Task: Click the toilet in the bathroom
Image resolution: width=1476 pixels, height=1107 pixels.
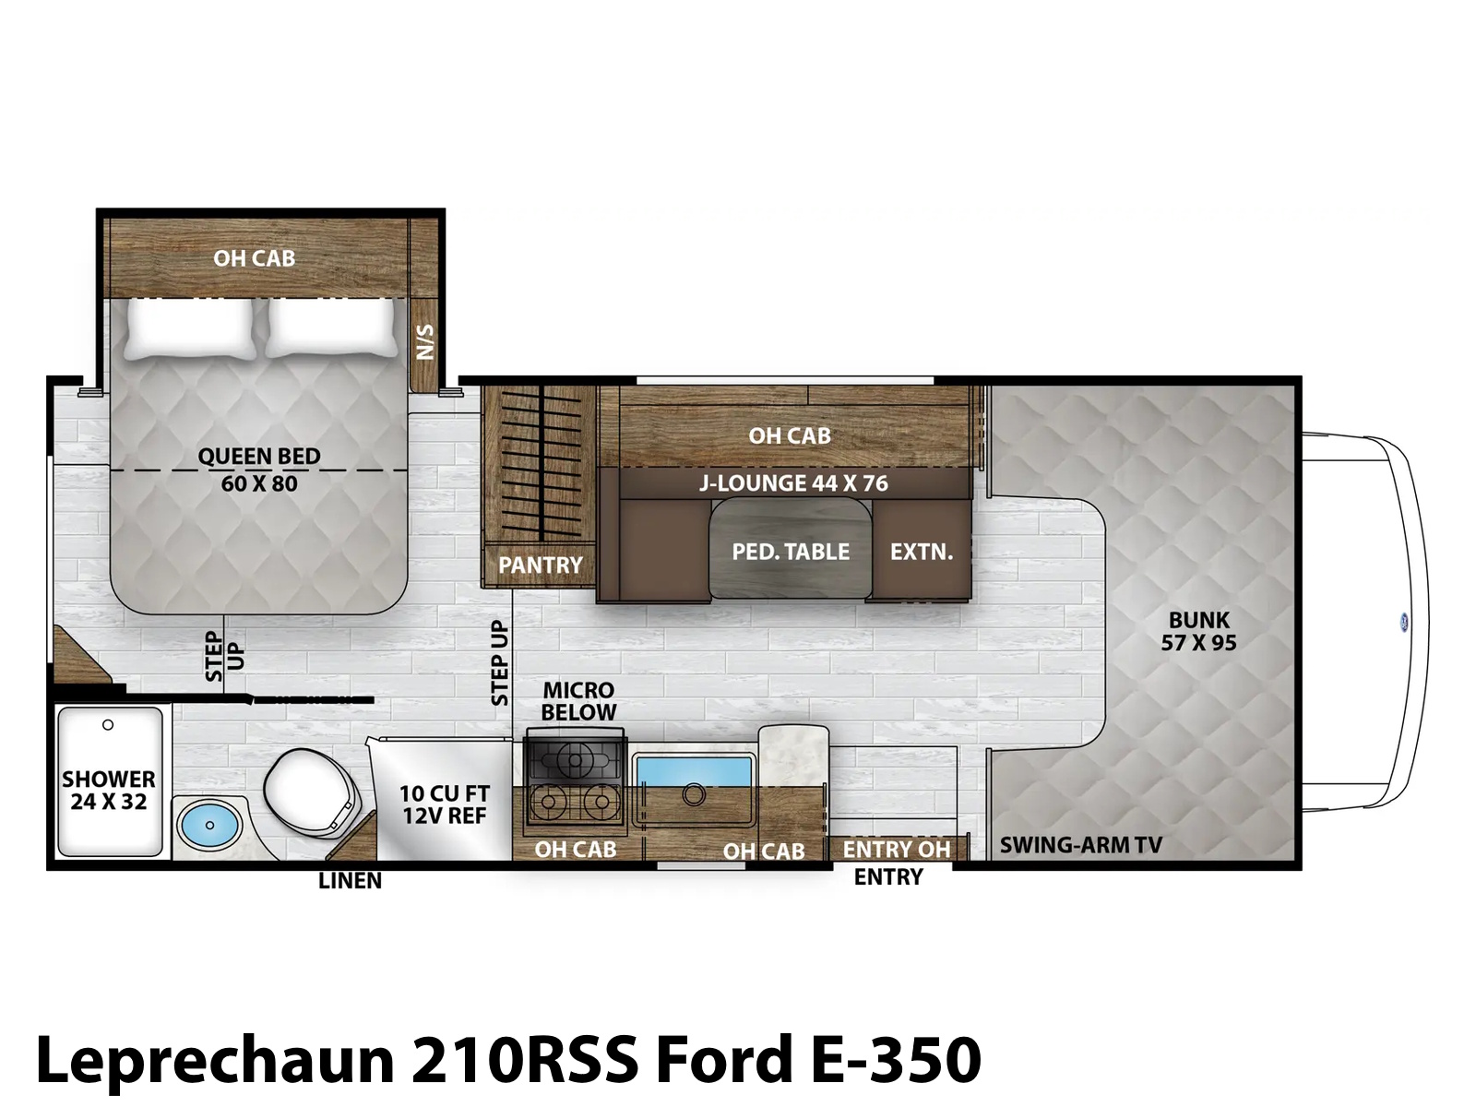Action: (x=311, y=793)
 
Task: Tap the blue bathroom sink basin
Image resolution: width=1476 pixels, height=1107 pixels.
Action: (x=209, y=825)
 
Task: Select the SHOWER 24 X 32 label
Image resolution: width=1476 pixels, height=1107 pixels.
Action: (x=109, y=791)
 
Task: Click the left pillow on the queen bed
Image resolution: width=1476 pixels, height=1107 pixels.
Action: (x=189, y=327)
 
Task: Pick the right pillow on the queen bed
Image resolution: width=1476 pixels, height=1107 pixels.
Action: (x=332, y=327)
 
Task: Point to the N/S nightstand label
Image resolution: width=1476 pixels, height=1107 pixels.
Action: (x=425, y=342)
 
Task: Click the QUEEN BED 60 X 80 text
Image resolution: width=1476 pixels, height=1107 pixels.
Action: (x=259, y=470)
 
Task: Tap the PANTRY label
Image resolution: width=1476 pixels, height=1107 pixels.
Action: (x=541, y=565)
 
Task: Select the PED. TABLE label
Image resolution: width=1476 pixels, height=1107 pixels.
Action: (x=791, y=552)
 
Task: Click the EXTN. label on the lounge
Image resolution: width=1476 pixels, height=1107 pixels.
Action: (x=922, y=552)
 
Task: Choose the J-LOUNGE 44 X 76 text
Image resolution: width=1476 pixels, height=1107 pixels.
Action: (x=793, y=483)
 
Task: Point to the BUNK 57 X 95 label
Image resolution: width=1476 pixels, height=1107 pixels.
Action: (x=1199, y=631)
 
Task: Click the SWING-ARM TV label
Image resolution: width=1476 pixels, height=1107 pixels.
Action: (x=1080, y=845)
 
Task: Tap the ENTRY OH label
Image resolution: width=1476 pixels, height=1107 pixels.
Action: (x=897, y=850)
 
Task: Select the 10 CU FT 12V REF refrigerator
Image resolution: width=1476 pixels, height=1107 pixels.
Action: (x=443, y=799)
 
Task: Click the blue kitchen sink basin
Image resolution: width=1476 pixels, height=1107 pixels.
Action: (x=694, y=771)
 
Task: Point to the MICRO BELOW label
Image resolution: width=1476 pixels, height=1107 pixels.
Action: (x=578, y=701)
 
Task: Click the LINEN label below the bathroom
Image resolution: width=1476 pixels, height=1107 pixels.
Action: (x=350, y=880)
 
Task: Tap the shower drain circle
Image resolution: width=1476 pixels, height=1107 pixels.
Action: (x=108, y=724)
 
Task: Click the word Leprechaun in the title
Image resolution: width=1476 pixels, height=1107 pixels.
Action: (x=215, y=1062)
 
